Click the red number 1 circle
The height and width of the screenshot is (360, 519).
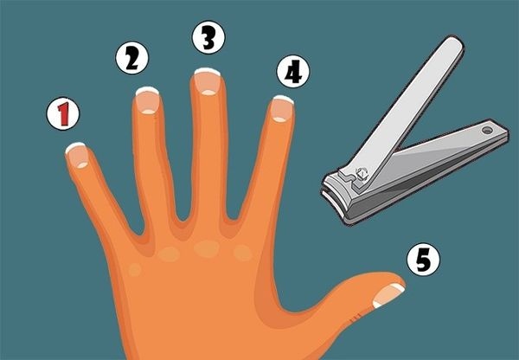(63, 113)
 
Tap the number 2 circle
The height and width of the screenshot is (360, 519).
(132, 58)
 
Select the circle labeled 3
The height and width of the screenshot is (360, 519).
(208, 37)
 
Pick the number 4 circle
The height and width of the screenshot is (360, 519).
(293, 71)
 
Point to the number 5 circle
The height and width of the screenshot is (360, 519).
(423, 260)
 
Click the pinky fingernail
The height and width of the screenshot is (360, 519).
(78, 156)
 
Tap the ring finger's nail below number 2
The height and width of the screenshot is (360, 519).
(148, 100)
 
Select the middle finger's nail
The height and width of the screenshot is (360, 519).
(208, 81)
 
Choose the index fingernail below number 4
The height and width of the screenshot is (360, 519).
(282, 109)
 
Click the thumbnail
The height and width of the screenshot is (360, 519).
(388, 295)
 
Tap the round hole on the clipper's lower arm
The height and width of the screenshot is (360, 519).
(487, 131)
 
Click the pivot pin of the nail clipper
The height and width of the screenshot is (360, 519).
(362, 173)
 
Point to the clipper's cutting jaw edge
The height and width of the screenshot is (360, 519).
(332, 201)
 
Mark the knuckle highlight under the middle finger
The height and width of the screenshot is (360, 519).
(207, 248)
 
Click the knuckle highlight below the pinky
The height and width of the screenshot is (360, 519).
(135, 270)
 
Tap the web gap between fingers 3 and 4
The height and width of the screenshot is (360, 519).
(233, 217)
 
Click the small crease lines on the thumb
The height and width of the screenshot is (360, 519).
(354, 318)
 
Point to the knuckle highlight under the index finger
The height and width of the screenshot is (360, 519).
(243, 253)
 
